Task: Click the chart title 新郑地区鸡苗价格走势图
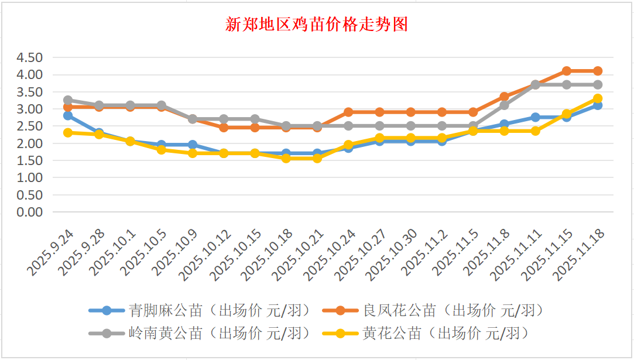(317, 25)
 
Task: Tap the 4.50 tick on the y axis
(30, 57)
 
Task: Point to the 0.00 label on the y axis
(30, 212)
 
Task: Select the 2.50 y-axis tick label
(30, 126)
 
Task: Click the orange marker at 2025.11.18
(598, 71)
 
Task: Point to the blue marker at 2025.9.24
(68, 116)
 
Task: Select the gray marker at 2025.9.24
(68, 100)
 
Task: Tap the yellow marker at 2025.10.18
(286, 158)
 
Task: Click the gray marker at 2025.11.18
(598, 85)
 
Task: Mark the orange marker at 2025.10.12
(224, 127)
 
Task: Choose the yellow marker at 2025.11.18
(598, 99)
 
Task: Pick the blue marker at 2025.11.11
(535, 117)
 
